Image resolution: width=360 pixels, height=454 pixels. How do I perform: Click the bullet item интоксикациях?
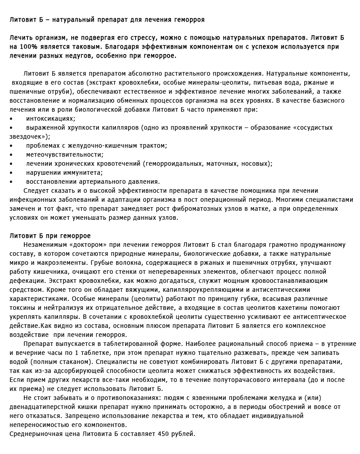pyautogui.click(x=50, y=118)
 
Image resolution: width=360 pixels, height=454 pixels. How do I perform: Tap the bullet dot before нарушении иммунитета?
pyautogui.click(x=11, y=173)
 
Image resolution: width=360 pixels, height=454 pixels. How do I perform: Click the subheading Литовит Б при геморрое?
pyautogui.click(x=50, y=236)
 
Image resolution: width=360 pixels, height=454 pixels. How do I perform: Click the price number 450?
pyautogui.click(x=164, y=434)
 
